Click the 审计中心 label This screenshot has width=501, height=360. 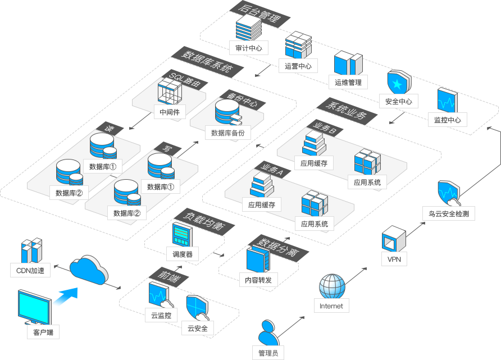249,48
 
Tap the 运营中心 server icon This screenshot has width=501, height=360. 298,45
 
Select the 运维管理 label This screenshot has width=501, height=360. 348,83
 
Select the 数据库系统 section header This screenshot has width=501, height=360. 207,62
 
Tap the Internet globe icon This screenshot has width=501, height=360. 331,286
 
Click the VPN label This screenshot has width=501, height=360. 393,259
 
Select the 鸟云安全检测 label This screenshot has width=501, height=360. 448,213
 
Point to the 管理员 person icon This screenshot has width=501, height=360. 268,333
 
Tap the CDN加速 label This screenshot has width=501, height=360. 31,270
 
